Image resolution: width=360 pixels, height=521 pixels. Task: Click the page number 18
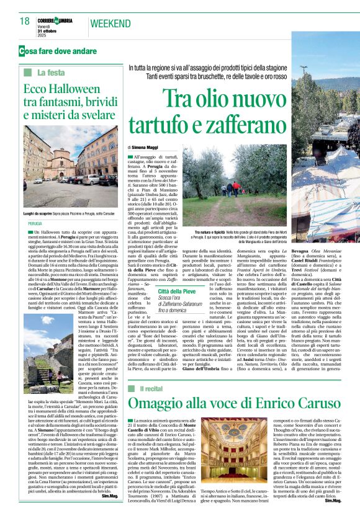click(x=24, y=22)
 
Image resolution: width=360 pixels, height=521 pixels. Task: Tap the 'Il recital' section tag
click(x=152, y=370)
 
